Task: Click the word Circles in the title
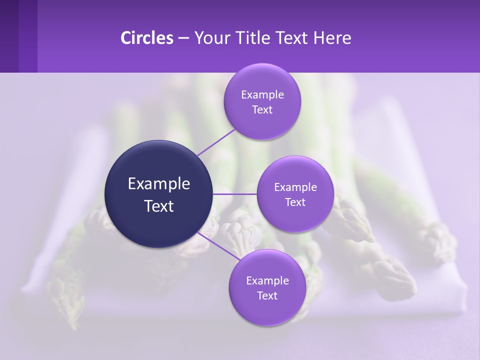[146, 38]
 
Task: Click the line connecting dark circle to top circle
[216, 142]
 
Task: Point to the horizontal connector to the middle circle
[234, 194]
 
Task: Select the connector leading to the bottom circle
[218, 247]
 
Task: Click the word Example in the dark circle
[159, 184]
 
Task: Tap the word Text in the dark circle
[159, 206]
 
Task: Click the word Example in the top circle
[262, 95]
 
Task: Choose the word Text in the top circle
[262, 110]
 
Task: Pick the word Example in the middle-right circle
[295, 187]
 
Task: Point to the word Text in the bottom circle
[267, 296]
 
